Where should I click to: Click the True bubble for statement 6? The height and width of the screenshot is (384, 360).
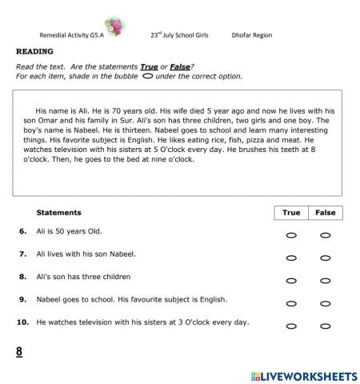[x=291, y=236]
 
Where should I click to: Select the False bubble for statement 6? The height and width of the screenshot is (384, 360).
[x=325, y=236]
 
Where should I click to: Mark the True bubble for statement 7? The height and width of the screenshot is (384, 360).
[x=291, y=258]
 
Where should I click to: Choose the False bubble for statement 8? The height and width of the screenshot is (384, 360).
[x=325, y=281]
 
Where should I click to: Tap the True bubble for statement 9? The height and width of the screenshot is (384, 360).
[x=291, y=304]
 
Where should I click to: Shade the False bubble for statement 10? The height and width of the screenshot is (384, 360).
[x=325, y=326]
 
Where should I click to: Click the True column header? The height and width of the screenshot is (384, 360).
[x=291, y=213]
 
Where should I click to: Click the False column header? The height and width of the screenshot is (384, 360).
[x=325, y=213]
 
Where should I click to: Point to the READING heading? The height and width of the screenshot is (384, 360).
[x=34, y=50]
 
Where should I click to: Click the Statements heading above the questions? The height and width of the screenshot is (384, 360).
[x=59, y=213]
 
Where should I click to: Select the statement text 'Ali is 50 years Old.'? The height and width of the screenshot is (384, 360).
[x=70, y=231]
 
